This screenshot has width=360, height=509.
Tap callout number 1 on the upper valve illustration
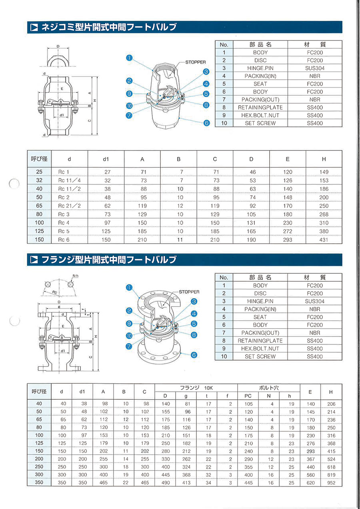pyautogui.click(x=129, y=58)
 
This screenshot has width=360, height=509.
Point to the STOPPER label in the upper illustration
pyautogui.click(x=196, y=62)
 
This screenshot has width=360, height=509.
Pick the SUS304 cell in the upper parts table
pyautogui.click(x=315, y=68)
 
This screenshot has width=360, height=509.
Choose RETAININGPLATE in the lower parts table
pyautogui.click(x=260, y=341)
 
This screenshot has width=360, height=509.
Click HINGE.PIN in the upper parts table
pyautogui.click(x=260, y=68)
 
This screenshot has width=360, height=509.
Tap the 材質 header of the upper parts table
pyautogui.click(x=315, y=44)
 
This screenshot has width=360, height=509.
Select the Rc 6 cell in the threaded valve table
pyautogui.click(x=64, y=240)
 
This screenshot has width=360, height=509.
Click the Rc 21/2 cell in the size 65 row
pyautogui.click(x=70, y=206)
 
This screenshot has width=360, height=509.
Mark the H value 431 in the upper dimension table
pyautogui.click(x=324, y=240)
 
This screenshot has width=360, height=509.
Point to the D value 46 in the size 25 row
pyautogui.click(x=251, y=172)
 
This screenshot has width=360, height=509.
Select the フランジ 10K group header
pyautogui.click(x=196, y=387)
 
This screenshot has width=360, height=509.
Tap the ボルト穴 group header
pyautogui.click(x=268, y=387)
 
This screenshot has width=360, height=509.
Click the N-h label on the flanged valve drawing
pyautogui.click(x=75, y=276)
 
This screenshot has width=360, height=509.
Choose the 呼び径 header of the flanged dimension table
pyautogui.click(x=39, y=391)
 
